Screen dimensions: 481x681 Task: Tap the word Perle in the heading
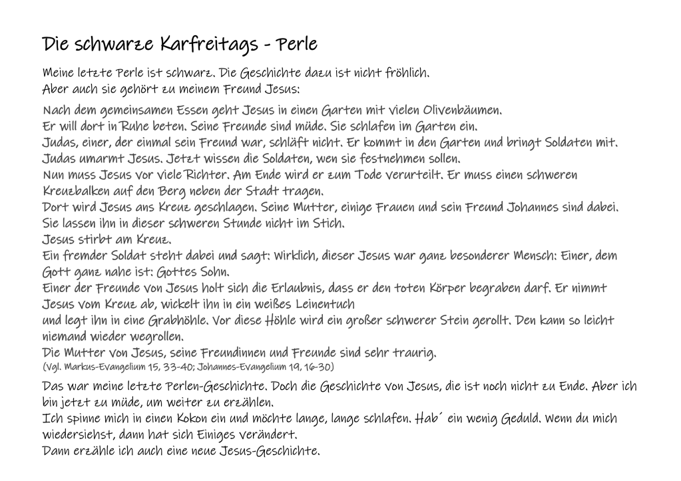pos(296,45)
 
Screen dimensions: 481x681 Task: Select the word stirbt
pos(99,240)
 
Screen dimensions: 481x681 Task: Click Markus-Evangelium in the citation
pos(101,367)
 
